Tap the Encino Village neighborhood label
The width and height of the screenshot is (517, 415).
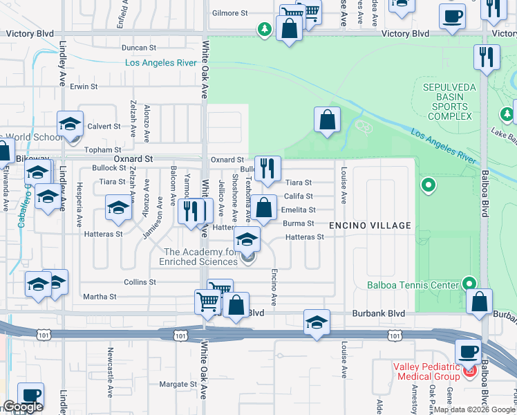370,225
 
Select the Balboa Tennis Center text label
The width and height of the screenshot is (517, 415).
413,285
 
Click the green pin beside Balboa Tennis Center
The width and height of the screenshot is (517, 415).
469,283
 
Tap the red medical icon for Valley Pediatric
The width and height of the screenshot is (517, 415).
471,371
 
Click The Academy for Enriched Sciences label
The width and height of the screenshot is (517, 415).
201,257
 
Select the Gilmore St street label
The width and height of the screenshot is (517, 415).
229,13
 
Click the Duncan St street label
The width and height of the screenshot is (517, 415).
139,48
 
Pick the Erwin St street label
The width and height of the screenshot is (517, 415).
84,86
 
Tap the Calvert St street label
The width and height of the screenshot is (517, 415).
104,127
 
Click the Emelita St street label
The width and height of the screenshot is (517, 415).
298,210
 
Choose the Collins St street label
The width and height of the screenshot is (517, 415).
140,282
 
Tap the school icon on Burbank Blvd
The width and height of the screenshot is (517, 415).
317,322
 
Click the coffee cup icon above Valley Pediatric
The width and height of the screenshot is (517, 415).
467,350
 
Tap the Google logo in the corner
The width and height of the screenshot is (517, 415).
23,407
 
